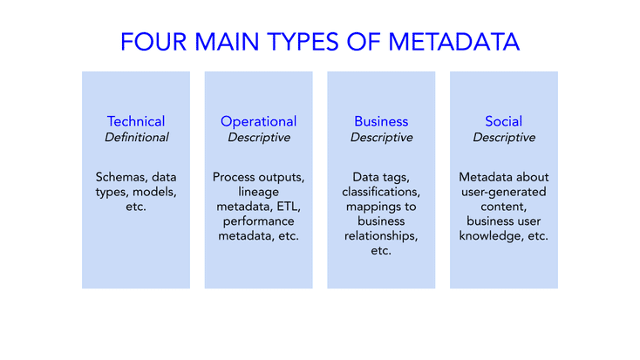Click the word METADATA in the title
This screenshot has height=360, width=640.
tap(453, 42)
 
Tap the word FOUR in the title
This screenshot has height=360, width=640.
tap(153, 42)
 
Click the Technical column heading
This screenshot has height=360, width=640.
tap(136, 121)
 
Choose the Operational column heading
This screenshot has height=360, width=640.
tap(258, 122)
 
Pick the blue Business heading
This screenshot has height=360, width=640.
tap(381, 121)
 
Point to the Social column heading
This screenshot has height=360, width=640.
tap(504, 121)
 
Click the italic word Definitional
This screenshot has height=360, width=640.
tap(136, 137)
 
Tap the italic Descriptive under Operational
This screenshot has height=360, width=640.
tap(259, 138)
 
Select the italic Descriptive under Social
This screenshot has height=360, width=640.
tap(504, 138)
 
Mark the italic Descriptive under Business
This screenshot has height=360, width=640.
tap(382, 138)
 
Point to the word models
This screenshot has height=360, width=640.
tap(154, 193)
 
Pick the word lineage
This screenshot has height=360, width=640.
tap(259, 193)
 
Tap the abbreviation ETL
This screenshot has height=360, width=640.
tap(289, 207)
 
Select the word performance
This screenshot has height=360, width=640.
tap(258, 221)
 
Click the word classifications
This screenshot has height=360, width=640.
tap(381, 192)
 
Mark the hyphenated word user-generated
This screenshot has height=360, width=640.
tap(504, 193)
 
